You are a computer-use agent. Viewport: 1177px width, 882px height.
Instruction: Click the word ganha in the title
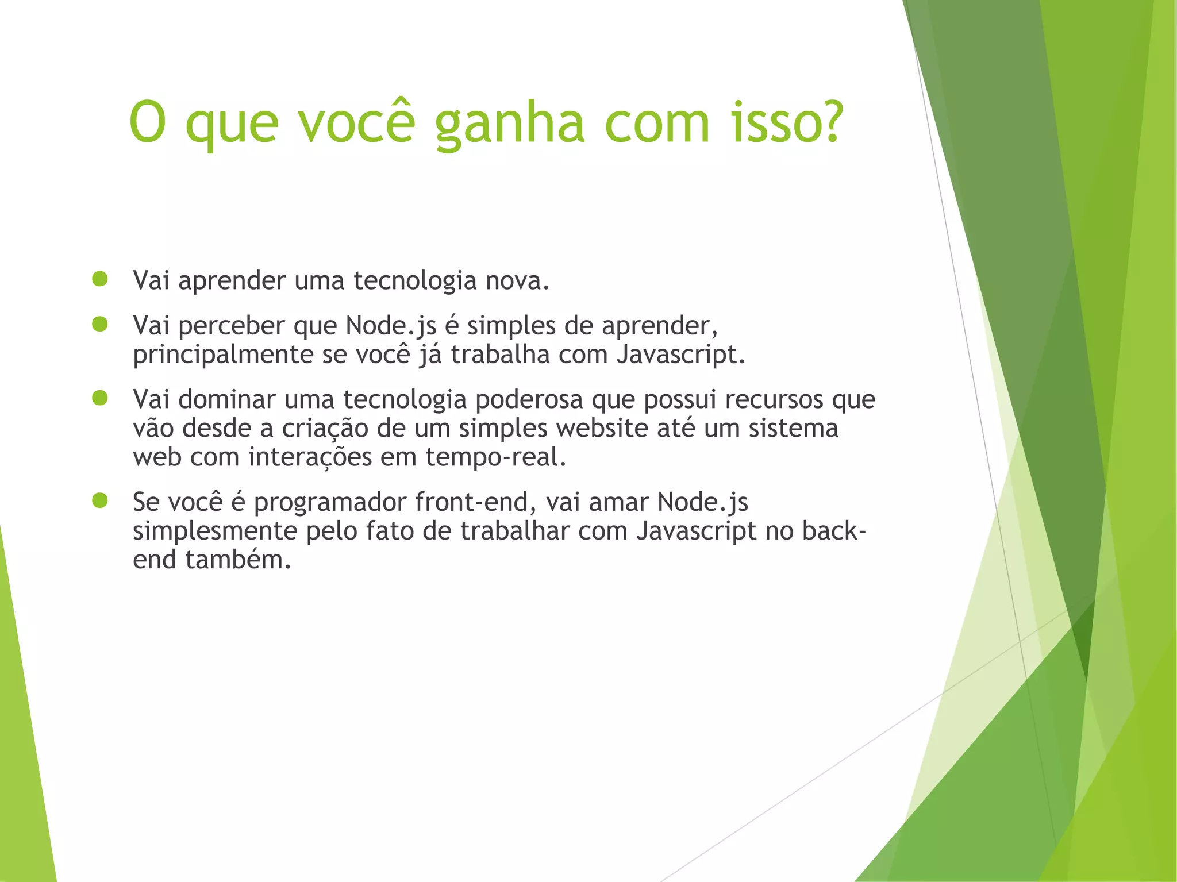509,124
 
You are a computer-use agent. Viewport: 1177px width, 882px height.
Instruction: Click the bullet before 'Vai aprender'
100,279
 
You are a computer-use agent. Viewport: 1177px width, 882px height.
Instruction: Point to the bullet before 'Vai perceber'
100,325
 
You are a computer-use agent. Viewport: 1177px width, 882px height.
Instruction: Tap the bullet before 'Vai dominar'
100,398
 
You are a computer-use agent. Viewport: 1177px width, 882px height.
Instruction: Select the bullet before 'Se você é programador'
100,500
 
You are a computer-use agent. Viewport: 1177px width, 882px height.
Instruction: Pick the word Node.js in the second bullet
391,326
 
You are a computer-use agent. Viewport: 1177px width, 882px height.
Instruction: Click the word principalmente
222,355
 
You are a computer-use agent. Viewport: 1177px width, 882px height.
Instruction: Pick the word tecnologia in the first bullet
415,281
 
